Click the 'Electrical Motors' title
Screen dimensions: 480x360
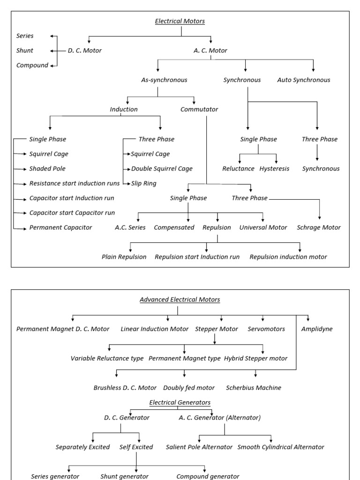[180, 21]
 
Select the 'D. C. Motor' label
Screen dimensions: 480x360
[84, 51]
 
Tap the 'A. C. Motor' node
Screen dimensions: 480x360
[210, 51]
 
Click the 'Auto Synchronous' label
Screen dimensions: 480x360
[303, 80]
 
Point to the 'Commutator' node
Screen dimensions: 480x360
[199, 110]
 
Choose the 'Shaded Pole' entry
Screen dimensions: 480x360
[47, 169]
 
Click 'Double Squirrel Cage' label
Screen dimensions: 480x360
[162, 169]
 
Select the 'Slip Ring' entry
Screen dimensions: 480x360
[144, 183]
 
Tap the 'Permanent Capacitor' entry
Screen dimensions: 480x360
[60, 228]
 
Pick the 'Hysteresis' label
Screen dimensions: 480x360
[274, 169]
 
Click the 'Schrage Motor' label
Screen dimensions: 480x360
[319, 228]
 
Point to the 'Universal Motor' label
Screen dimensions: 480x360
[263, 228]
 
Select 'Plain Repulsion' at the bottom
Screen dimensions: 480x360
[124, 257]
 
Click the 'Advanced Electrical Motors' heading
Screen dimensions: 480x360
[180, 300]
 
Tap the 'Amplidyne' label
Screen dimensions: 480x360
[317, 329]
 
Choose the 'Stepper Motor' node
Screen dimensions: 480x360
[217, 329]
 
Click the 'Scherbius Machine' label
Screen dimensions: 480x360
[254, 388]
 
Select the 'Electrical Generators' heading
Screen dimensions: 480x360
[180, 403]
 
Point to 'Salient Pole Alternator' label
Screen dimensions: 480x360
[199, 447]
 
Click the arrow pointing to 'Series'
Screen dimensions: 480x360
[53, 36]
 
